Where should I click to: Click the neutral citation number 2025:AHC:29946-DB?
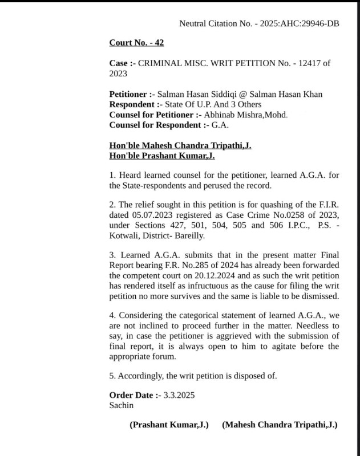[299, 24]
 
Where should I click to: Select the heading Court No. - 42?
[136, 43]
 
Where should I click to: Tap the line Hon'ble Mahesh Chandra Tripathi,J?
[180, 146]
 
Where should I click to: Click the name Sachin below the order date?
[121, 405]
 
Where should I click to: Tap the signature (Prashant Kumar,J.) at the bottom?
[169, 425]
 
